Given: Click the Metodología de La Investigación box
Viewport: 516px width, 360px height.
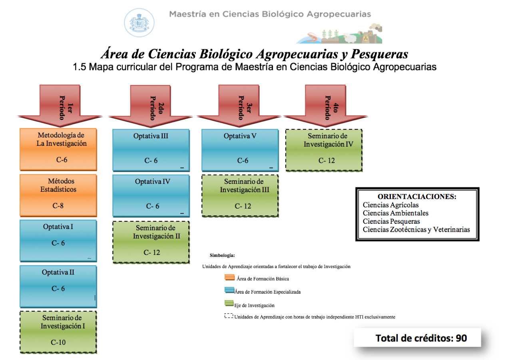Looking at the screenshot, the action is [x=58, y=149].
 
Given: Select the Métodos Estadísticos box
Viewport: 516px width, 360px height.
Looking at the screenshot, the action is [x=58, y=195].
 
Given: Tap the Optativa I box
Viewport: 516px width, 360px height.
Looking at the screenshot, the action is [x=58, y=241].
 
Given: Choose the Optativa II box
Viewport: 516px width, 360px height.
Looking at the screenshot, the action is [x=58, y=286].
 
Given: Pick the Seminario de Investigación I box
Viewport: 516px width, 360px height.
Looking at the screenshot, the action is [x=58, y=332].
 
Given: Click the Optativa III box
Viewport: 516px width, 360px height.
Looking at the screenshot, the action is [x=151, y=150].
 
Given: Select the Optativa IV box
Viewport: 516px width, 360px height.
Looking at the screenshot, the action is [x=151, y=196].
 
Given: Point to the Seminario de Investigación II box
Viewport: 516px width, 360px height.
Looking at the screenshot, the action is [x=151, y=242].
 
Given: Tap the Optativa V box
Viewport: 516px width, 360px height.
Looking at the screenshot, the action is [x=240, y=150].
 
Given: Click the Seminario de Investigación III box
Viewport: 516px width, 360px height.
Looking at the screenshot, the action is [x=240, y=196].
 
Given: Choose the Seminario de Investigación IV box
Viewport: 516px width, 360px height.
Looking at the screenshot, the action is [x=324, y=150].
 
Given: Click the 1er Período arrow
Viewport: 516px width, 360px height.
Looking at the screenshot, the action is [x=60, y=106].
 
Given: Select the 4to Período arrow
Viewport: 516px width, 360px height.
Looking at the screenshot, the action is [x=325, y=106].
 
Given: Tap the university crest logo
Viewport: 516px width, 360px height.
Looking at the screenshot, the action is [x=139, y=22].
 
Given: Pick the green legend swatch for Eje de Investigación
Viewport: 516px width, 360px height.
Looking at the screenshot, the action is [x=229, y=303].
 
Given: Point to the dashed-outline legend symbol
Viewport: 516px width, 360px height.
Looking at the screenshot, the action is [x=229, y=316].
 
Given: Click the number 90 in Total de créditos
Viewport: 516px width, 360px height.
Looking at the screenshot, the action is [x=461, y=338].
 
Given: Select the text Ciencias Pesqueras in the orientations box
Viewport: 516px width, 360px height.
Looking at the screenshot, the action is [x=391, y=221].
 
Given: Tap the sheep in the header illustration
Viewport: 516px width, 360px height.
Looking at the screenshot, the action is [x=350, y=38].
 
